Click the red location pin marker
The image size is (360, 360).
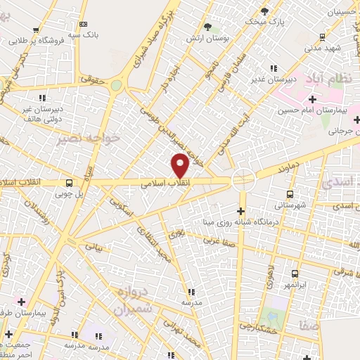[x=180, y=165]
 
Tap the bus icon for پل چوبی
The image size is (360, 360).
[x=68, y=181]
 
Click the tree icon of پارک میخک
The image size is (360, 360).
[x=264, y=11]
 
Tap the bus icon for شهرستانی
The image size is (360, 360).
[x=289, y=194]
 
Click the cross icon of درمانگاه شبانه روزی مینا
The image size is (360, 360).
[x=240, y=211]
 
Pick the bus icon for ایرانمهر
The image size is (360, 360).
[x=293, y=274]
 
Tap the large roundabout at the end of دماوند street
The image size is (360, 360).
[x=243, y=179]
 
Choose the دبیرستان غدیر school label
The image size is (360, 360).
[x=272, y=78]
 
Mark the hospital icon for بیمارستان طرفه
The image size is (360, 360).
[x=21, y=300]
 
